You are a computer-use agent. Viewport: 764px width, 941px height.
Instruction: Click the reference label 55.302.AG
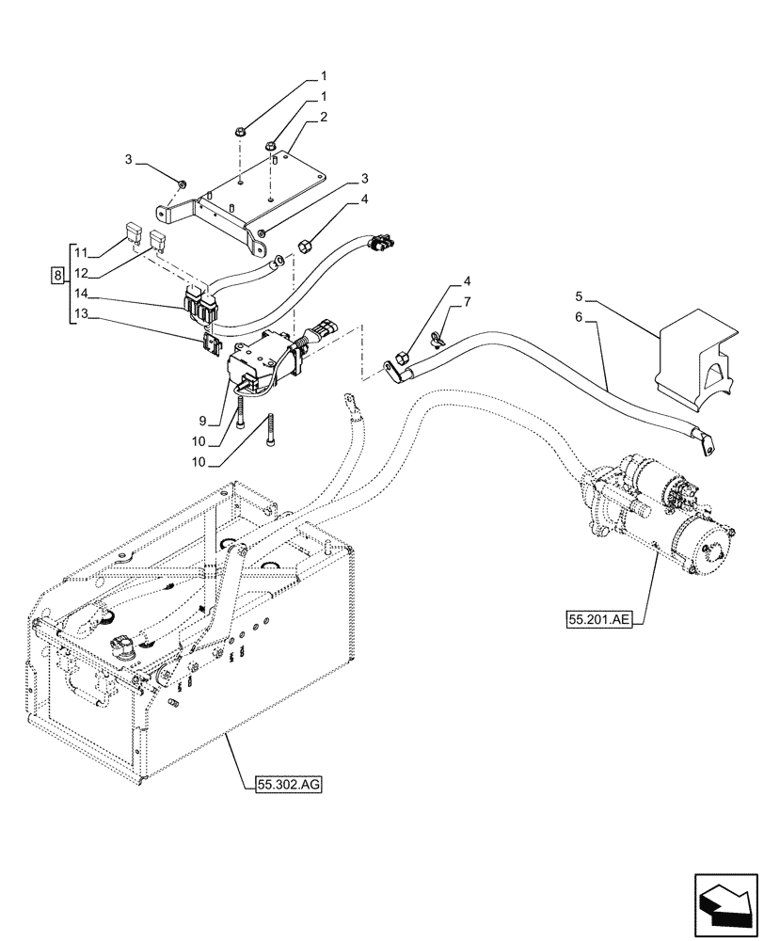pos(286,782)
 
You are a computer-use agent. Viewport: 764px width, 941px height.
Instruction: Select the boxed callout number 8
pos(58,276)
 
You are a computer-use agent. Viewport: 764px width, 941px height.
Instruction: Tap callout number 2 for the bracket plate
pos(323,118)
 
